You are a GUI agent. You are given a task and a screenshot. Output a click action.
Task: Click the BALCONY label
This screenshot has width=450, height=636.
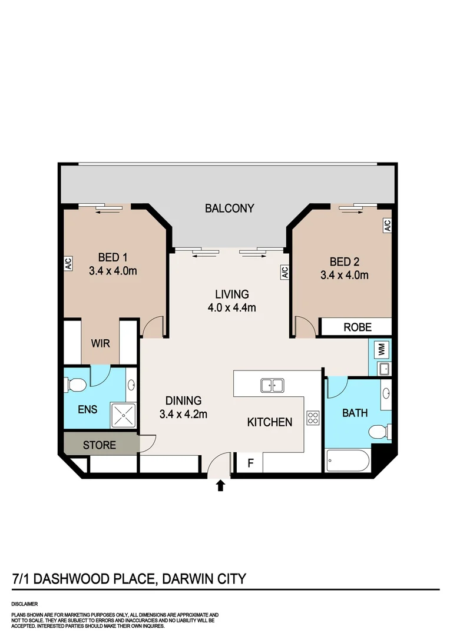tap(229, 208)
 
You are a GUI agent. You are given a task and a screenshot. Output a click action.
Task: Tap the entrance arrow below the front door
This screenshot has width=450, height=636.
tap(221, 485)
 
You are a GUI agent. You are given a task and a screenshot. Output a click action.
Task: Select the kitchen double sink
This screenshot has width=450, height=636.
tap(272, 386)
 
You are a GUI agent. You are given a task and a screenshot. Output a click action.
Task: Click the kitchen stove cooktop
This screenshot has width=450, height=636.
tap(312, 418)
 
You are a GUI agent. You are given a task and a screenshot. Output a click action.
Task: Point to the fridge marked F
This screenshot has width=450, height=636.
tap(250, 463)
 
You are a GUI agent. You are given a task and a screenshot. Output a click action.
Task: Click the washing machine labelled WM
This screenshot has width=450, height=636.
tap(381, 350)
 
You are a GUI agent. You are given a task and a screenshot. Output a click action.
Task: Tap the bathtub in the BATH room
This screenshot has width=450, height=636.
tap(347, 461)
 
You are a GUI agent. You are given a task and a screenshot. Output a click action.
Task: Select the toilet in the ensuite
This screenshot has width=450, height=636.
tap(77, 386)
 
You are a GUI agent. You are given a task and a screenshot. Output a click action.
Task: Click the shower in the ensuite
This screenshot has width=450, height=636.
tap(124, 416)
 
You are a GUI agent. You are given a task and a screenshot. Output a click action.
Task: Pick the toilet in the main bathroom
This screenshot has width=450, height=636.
tap(379, 433)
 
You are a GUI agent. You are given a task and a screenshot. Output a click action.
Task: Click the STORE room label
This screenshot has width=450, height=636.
tap(100, 445)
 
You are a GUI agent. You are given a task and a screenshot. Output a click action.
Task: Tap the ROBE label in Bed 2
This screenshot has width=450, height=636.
tap(358, 327)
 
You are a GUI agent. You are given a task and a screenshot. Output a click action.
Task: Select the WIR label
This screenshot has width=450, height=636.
tap(100, 343)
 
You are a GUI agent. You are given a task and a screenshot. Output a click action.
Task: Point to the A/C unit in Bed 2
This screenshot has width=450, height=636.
tap(387, 226)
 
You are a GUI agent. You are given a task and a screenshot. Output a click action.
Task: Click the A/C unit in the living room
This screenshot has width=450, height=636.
tap(284, 272)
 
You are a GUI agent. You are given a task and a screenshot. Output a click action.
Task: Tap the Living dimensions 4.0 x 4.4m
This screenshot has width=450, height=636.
tap(231, 307)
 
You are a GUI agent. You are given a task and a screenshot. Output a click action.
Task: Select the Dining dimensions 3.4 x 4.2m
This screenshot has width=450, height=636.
tap(183, 414)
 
